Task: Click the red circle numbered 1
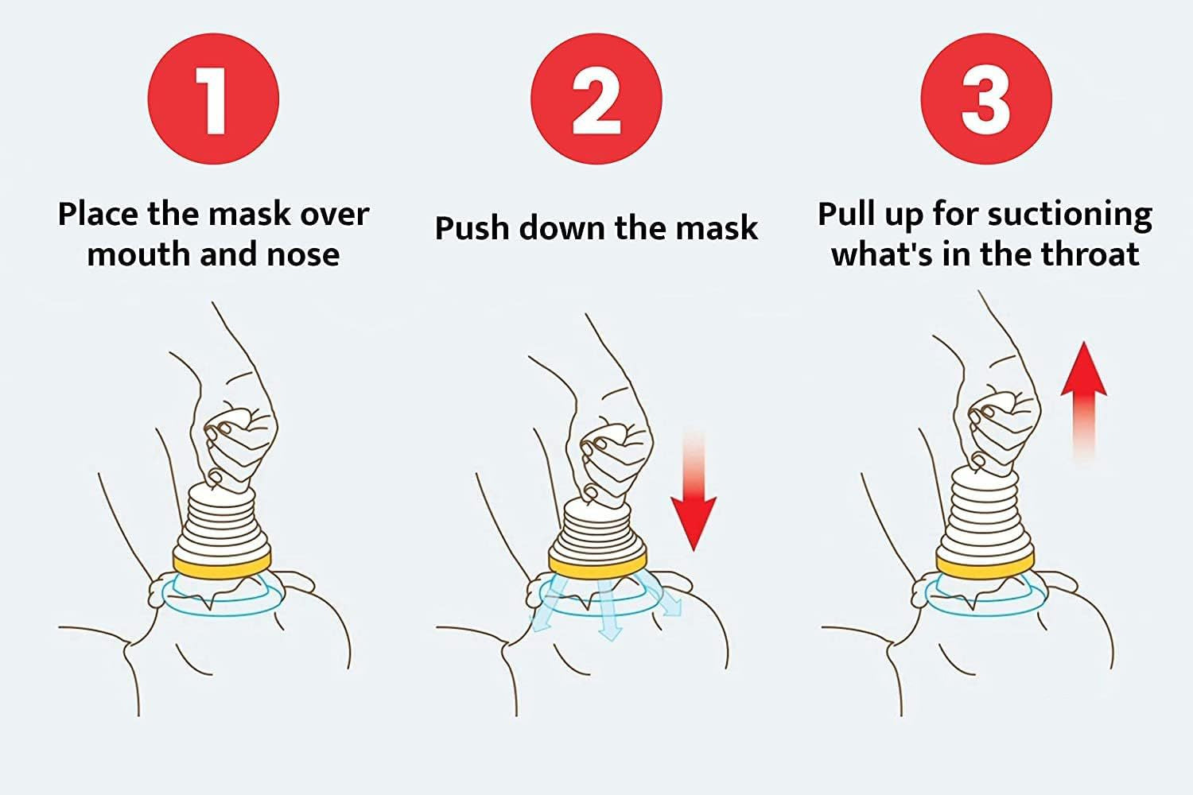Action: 213,99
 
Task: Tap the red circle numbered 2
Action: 596,99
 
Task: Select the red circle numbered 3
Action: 986,99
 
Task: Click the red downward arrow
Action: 694,490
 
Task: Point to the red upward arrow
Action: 1084,402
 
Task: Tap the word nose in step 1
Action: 303,254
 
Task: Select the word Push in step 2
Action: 472,228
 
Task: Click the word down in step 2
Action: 562,228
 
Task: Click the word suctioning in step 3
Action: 1070,215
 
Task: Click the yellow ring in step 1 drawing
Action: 222,564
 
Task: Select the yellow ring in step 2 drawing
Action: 598,564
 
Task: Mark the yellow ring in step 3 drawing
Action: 985,565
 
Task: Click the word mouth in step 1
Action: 138,254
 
